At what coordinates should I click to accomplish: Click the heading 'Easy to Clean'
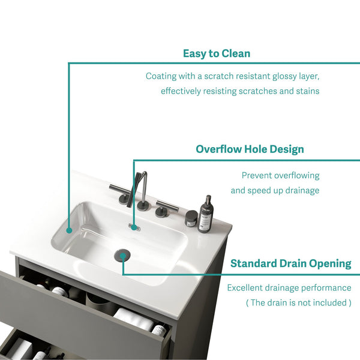tap(217, 54)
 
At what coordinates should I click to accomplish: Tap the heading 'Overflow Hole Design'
tap(250, 149)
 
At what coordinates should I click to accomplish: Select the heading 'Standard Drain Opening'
tap(290, 263)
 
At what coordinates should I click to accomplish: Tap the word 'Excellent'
tap(244, 287)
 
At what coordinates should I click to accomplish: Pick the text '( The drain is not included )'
tap(298, 302)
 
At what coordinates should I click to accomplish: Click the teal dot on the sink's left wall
tap(69, 230)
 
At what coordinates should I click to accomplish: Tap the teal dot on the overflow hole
tap(134, 228)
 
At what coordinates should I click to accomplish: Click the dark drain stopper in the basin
tap(122, 255)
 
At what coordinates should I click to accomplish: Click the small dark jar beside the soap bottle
tap(191, 218)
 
